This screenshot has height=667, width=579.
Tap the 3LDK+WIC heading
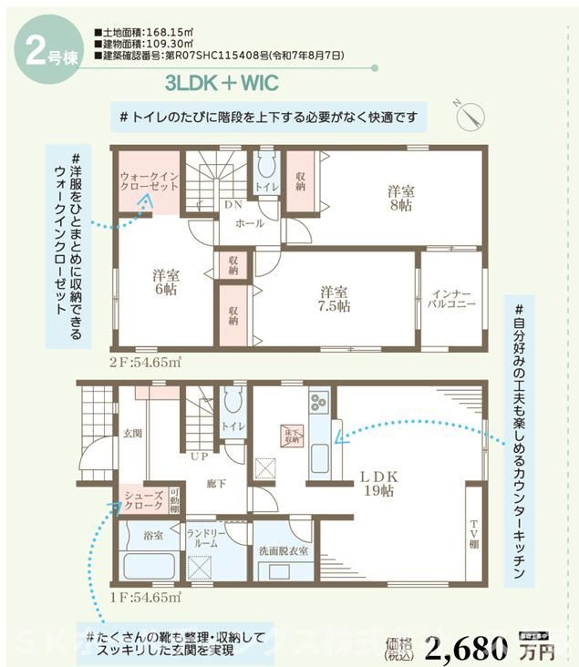pyautogui.click(x=222, y=84)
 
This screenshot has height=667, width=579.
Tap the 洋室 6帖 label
pyautogui.click(x=165, y=282)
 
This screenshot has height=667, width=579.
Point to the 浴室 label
pyautogui.click(x=152, y=536)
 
